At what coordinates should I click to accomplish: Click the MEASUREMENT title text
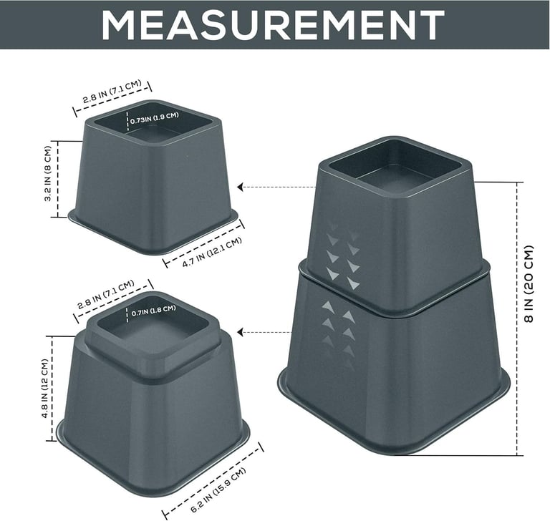pyautogui.click(x=273, y=24)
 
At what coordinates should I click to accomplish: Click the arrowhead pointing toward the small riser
pyautogui.click(x=241, y=187)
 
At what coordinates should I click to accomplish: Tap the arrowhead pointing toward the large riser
pyautogui.click(x=241, y=332)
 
